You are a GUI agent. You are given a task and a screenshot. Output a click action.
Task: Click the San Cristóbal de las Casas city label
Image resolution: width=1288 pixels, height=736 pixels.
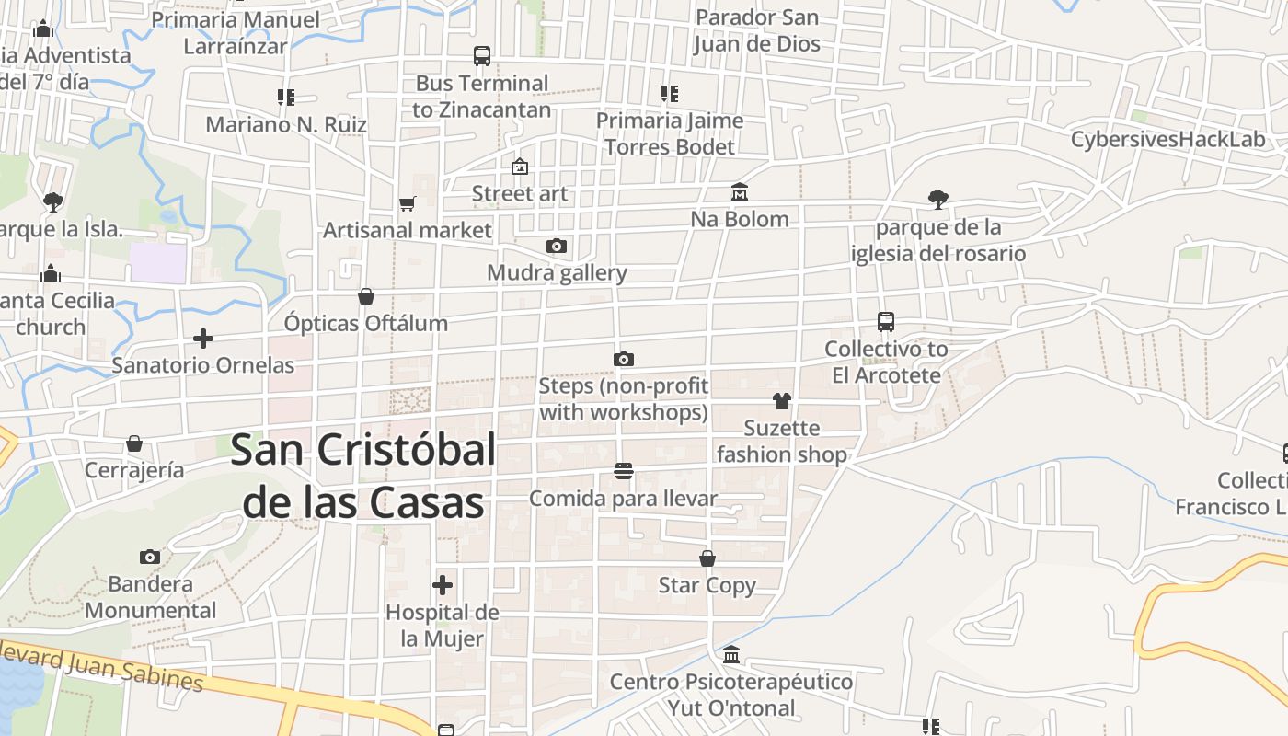tap(363, 477)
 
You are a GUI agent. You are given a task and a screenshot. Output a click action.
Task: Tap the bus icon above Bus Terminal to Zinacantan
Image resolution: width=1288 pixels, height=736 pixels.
tap(482, 56)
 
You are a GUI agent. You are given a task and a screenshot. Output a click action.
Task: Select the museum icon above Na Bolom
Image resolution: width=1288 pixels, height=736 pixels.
tap(740, 192)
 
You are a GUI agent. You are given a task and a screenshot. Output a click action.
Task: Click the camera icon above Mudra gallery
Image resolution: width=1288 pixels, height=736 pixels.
tap(557, 246)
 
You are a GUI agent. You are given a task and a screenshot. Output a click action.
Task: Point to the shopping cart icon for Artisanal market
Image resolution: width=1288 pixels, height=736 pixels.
tap(407, 203)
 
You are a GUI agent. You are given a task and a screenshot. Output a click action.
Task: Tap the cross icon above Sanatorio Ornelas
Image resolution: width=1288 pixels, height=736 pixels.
tap(203, 339)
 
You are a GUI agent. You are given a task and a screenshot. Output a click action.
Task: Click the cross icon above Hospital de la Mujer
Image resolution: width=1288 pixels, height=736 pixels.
tap(443, 585)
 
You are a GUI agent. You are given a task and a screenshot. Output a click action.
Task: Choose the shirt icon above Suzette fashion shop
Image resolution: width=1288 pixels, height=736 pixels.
tap(781, 401)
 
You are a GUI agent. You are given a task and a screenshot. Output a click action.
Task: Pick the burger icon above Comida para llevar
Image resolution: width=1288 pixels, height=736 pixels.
tap(624, 472)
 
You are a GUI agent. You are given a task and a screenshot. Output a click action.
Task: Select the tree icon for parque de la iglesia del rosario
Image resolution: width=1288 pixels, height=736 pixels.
tap(938, 199)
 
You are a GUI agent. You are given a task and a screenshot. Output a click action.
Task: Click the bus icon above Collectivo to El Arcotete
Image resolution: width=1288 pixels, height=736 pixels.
tap(886, 322)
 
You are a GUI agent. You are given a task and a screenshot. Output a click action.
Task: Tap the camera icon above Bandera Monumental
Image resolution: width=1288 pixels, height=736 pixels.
tap(150, 557)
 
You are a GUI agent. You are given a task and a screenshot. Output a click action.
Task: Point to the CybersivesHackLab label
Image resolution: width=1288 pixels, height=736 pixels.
tap(1167, 140)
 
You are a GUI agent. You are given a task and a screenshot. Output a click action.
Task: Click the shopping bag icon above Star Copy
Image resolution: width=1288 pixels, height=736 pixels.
tap(707, 558)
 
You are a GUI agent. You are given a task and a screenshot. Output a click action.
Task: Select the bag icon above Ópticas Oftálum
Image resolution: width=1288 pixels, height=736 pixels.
tap(366, 296)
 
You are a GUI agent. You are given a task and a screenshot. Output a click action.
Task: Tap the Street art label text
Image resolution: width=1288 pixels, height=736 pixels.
tap(520, 194)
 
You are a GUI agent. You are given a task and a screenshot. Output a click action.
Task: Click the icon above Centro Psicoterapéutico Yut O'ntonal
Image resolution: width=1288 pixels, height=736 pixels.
tap(731, 655)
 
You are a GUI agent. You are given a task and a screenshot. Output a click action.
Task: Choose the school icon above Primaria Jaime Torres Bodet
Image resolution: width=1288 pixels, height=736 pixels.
tap(670, 93)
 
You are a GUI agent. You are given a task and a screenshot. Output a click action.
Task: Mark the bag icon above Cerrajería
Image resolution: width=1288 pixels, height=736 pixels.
tap(134, 443)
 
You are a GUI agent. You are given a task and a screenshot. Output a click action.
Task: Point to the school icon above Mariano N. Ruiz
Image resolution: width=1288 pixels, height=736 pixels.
tap(286, 97)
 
